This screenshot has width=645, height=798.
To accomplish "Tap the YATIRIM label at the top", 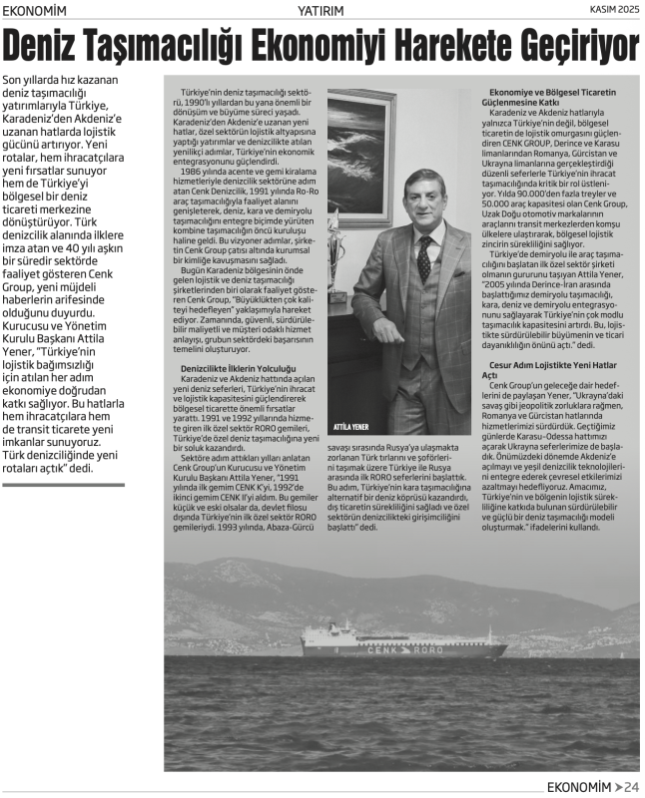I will coord(322,10).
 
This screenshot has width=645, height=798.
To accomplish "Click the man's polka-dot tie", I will coord(423,258).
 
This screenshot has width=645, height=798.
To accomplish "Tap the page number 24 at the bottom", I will coord(631,785).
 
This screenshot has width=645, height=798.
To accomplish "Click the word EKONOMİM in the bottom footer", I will coord(579,785).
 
